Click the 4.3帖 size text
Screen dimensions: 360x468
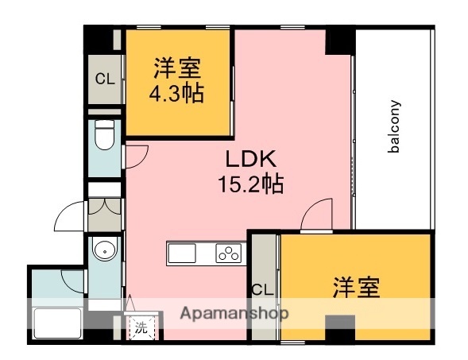pos(176,93)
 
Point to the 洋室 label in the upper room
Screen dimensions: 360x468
pos(176,67)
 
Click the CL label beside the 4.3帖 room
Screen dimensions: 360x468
pos(104,79)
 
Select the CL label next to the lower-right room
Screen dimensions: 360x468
pos(261,289)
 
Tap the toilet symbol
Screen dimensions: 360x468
pos(104,137)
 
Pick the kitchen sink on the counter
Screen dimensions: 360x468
pos(182,254)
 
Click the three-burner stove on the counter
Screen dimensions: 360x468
pos(228,254)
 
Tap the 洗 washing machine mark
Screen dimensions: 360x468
pos(140,326)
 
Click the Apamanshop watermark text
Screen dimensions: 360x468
pos(234,312)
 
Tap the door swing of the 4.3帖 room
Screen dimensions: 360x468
pos(134,154)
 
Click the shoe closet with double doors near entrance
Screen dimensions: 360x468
pos(104,206)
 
